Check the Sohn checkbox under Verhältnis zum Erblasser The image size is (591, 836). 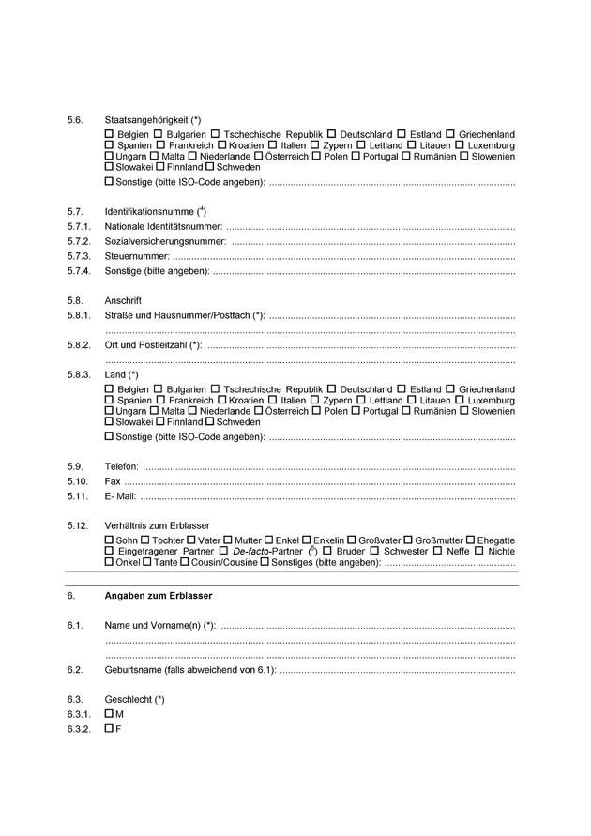pos(110,540)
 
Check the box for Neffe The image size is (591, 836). pos(437,551)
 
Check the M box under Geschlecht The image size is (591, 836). pos(110,714)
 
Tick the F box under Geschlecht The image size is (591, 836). pos(110,729)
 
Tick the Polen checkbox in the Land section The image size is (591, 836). pos(316,410)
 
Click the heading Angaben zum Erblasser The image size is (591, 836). pos(158,596)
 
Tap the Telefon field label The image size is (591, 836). pos(122,466)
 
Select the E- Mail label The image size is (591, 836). pos(121,496)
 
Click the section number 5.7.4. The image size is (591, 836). pos(79,271)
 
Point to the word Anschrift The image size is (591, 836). pos(123,300)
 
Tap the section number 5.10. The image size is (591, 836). pos(77,481)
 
